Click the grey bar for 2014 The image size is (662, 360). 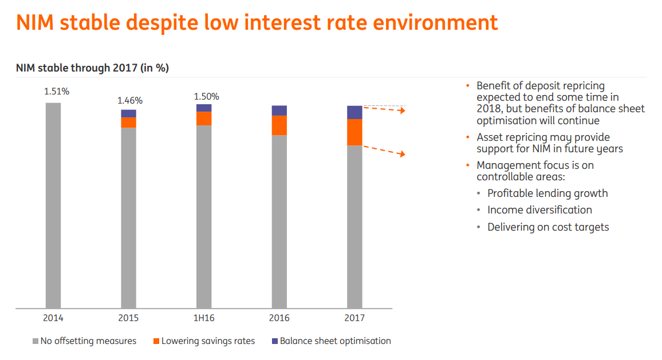(x=53, y=205)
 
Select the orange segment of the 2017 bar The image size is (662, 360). (x=354, y=132)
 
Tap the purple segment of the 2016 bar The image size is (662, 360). (x=279, y=110)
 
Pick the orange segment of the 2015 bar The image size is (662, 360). (x=128, y=122)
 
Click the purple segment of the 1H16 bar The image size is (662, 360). (x=204, y=108)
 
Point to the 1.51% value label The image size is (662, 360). (x=57, y=91)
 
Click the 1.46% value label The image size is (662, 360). (x=130, y=100)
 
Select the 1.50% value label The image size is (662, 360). (x=206, y=96)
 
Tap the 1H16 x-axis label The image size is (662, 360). (x=204, y=318)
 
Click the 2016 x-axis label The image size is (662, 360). (x=279, y=318)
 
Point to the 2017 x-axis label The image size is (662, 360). (x=354, y=318)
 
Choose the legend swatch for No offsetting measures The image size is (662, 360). (x=36, y=342)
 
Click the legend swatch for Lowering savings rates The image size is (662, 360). (x=156, y=342)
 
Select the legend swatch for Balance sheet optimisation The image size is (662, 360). (x=275, y=342)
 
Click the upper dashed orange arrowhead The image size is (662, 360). (x=403, y=110)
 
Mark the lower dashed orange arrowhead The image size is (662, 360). (x=403, y=154)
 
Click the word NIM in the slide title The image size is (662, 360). (x=37, y=23)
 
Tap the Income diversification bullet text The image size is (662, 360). (x=539, y=210)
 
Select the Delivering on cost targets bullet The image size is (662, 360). (x=548, y=227)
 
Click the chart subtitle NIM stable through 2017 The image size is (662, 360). (x=92, y=68)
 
